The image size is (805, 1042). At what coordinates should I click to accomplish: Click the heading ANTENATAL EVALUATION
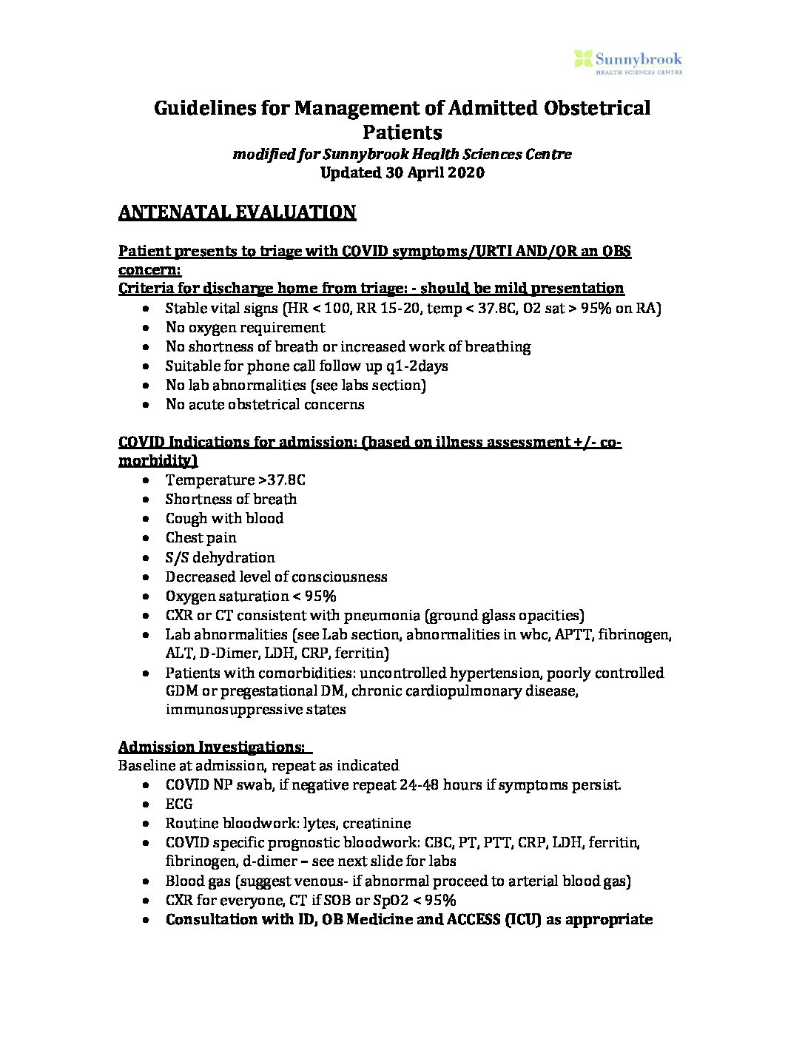pyautogui.click(x=237, y=212)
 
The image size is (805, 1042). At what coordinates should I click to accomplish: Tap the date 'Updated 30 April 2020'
pyautogui.click(x=402, y=173)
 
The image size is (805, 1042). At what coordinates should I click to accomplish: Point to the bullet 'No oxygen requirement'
pyautogui.click(x=245, y=327)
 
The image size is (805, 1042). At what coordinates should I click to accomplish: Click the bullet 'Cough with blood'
pyautogui.click(x=224, y=518)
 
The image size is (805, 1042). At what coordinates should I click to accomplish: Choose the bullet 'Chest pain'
pyautogui.click(x=201, y=537)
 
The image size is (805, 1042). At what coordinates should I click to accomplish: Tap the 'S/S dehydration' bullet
pyautogui.click(x=220, y=557)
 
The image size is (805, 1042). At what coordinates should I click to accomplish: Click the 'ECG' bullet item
pyautogui.click(x=179, y=804)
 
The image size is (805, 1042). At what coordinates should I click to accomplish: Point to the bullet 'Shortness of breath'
pyautogui.click(x=231, y=499)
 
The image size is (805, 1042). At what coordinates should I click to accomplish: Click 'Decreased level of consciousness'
pyautogui.click(x=276, y=577)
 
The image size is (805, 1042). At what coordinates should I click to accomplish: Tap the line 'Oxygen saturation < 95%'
pyautogui.click(x=251, y=596)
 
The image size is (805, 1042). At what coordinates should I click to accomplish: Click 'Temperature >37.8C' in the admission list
pyautogui.click(x=235, y=480)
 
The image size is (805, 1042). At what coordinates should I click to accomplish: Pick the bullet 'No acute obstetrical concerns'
pyautogui.click(x=265, y=404)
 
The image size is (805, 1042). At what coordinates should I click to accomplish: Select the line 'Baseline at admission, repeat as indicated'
pyautogui.click(x=258, y=765)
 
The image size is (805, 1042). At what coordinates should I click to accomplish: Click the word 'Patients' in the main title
pyautogui.click(x=402, y=132)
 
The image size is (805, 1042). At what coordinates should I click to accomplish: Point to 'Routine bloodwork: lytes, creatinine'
pyautogui.click(x=288, y=823)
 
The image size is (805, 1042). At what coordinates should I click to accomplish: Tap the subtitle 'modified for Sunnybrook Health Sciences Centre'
pyautogui.click(x=402, y=155)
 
